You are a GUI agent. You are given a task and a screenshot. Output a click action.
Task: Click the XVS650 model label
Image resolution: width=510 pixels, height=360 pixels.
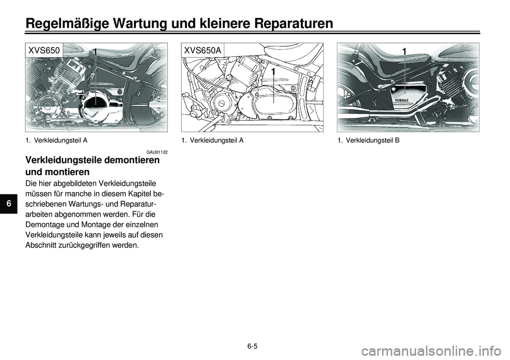[x=44, y=50]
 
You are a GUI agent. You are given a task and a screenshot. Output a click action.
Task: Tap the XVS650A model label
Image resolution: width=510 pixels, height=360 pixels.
[x=202, y=50]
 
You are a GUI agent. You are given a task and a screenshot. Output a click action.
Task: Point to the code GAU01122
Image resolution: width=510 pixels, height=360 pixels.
[x=157, y=152]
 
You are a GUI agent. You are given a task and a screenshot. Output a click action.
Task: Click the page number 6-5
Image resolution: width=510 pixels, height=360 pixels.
[x=252, y=346]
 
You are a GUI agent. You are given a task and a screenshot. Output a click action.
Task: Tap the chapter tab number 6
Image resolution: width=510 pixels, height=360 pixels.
[x=9, y=204]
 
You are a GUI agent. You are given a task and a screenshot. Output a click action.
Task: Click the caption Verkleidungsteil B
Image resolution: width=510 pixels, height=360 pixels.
[x=368, y=141]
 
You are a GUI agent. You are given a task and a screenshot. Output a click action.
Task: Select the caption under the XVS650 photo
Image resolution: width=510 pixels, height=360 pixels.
[x=56, y=141]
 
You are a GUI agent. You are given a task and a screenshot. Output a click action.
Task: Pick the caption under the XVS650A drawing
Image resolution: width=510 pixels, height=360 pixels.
[x=212, y=141]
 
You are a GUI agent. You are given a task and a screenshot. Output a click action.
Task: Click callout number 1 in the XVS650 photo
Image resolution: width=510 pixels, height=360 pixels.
[x=95, y=52]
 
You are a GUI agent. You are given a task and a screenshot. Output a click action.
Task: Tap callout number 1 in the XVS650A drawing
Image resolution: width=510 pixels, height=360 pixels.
[x=274, y=72]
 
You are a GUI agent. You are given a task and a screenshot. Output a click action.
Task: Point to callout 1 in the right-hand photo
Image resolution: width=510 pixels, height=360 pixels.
[x=404, y=52]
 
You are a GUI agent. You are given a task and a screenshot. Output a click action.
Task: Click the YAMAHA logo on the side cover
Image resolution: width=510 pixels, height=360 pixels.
[x=402, y=100]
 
